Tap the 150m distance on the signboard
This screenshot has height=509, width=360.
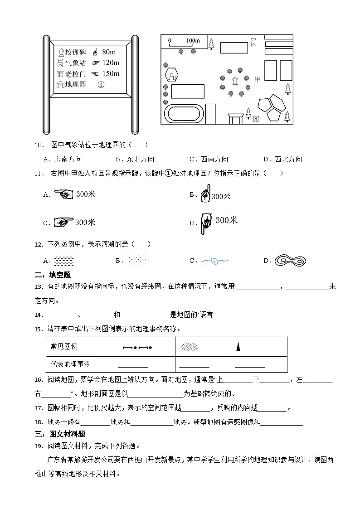(111, 73)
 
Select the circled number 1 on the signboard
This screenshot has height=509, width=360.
(101, 84)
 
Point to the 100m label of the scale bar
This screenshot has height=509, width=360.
(193, 41)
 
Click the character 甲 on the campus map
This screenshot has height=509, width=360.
(258, 79)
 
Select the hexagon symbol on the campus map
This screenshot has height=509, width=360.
(172, 76)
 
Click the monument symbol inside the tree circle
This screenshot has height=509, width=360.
(235, 81)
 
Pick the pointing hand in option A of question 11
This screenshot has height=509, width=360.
(63, 194)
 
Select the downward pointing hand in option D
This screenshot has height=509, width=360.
(207, 223)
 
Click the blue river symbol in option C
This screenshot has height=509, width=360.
(214, 261)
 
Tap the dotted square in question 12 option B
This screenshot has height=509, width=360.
(137, 261)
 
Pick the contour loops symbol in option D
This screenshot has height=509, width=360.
(290, 260)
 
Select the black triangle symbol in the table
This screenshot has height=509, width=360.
(238, 347)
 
